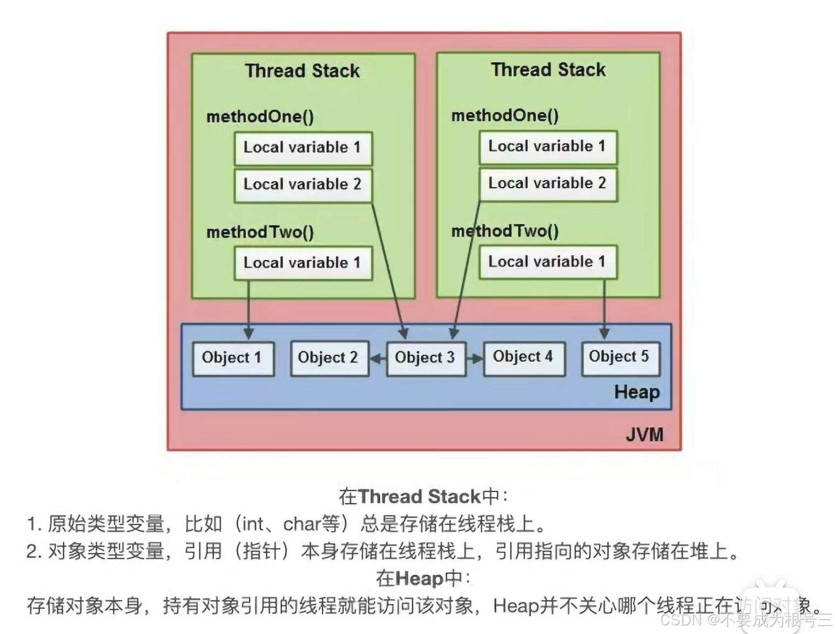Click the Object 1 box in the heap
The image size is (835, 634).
(x=233, y=358)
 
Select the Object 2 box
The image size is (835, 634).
(x=329, y=358)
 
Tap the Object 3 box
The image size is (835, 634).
(x=426, y=358)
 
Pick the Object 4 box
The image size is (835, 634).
(x=523, y=358)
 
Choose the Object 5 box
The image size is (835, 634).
(x=620, y=358)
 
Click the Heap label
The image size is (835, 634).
(x=637, y=392)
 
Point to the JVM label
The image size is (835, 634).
(x=644, y=435)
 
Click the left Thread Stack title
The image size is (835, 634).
(x=302, y=71)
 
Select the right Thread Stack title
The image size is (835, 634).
(x=548, y=70)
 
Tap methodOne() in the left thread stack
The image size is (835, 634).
(x=260, y=117)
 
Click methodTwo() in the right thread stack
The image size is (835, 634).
(x=505, y=231)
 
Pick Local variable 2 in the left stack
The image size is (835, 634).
(x=302, y=185)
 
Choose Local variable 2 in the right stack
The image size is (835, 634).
(x=548, y=184)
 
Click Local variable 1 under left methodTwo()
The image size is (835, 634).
(x=302, y=263)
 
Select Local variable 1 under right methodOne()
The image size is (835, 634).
(x=548, y=146)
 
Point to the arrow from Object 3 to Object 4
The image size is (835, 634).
(x=475, y=359)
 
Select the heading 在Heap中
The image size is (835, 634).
(x=423, y=578)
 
